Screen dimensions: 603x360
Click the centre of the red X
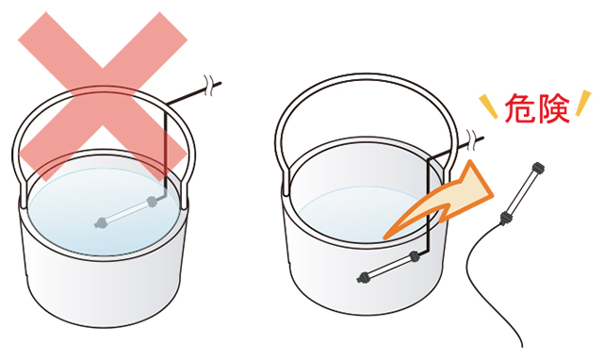pos(103,95)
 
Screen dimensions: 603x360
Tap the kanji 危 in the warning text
pos(520,108)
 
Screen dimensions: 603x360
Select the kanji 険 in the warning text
pos(554,108)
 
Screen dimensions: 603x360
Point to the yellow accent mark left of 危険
pos(488,106)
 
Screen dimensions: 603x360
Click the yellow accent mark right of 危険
pos(583,103)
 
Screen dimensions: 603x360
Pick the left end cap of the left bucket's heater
pos(100,222)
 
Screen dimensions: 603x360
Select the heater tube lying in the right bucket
pos(387,266)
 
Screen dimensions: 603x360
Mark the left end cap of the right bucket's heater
pos(363,277)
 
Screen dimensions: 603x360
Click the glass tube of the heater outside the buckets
pos(522,193)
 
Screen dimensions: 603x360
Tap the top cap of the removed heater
pos(537,168)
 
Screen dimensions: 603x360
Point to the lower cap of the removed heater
pos(506,218)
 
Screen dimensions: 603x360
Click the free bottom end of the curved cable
pos(521,346)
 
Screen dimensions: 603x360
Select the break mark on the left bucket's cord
pos(209,86)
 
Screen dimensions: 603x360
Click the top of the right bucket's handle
pos(367,75)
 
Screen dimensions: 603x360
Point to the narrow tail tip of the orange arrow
pos(385,237)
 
